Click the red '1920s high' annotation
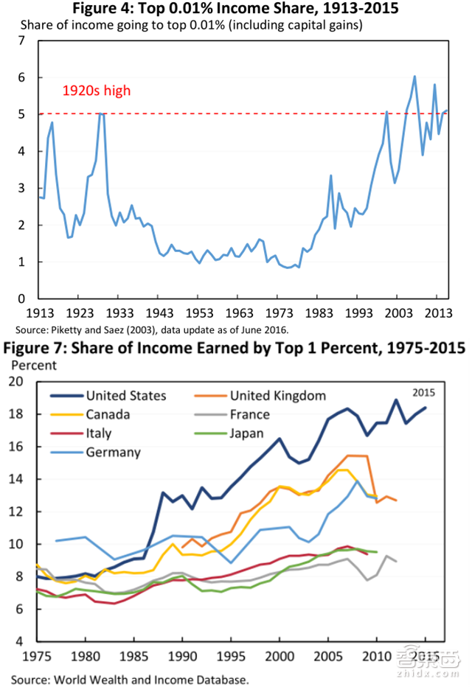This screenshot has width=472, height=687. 97,91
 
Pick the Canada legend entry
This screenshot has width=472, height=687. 108,415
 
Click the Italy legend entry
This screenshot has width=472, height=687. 99,434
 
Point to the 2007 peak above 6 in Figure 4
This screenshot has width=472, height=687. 414,76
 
